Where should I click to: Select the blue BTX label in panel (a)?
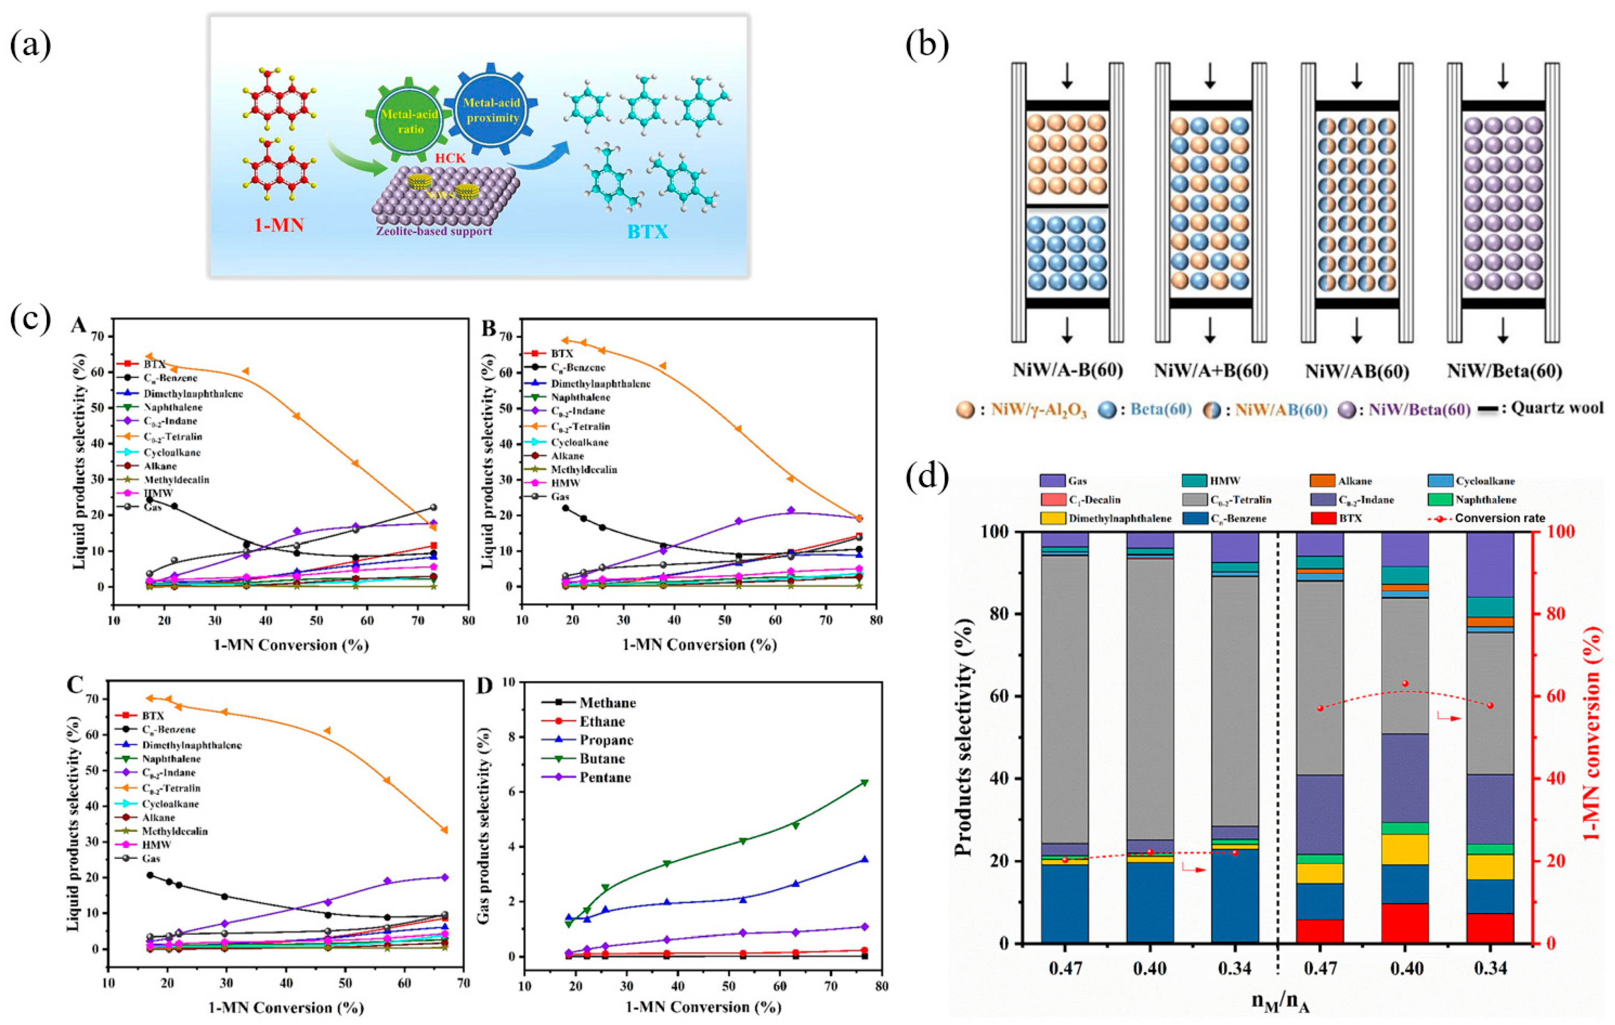pos(647,232)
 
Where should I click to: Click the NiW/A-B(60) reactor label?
pos(1068,371)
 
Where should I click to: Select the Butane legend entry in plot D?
pos(603,759)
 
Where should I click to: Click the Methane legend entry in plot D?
pos(608,702)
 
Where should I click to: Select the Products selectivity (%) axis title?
pos(964,737)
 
